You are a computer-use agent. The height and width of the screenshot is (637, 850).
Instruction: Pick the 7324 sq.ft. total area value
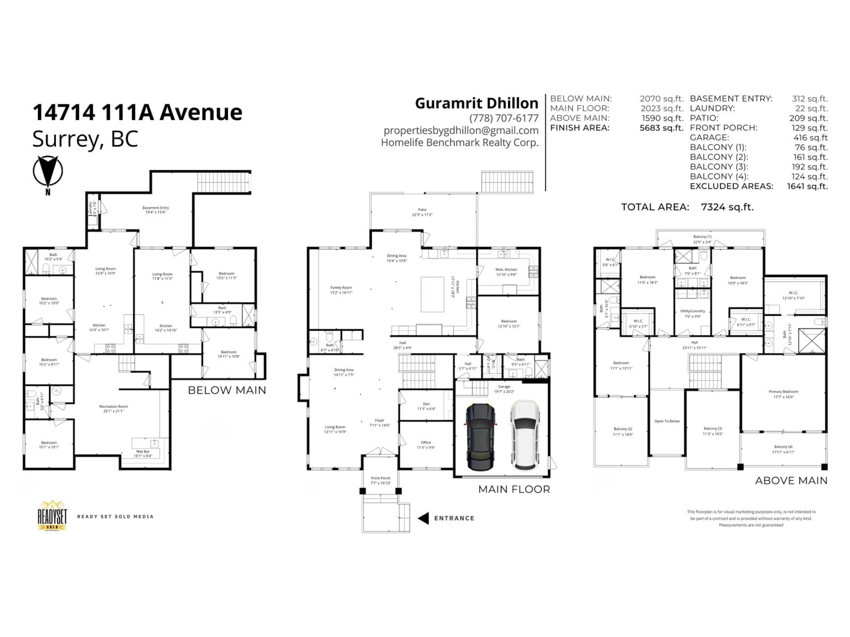727,207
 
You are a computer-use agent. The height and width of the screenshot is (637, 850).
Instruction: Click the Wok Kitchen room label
506,270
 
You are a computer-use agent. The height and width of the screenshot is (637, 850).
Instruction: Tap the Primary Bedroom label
783,392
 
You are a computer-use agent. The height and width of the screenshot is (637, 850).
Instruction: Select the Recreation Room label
113,406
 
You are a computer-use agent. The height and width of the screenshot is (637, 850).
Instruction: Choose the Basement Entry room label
156,208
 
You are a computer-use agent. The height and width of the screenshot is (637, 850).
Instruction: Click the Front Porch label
381,478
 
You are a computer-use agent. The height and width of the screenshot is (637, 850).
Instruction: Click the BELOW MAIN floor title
227,390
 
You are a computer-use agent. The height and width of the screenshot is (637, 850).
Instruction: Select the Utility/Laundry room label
692,311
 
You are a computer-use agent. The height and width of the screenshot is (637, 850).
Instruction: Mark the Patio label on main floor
422,210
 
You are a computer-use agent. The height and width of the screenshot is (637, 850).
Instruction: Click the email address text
461,130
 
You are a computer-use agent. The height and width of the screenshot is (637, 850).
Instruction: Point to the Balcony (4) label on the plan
783,447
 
